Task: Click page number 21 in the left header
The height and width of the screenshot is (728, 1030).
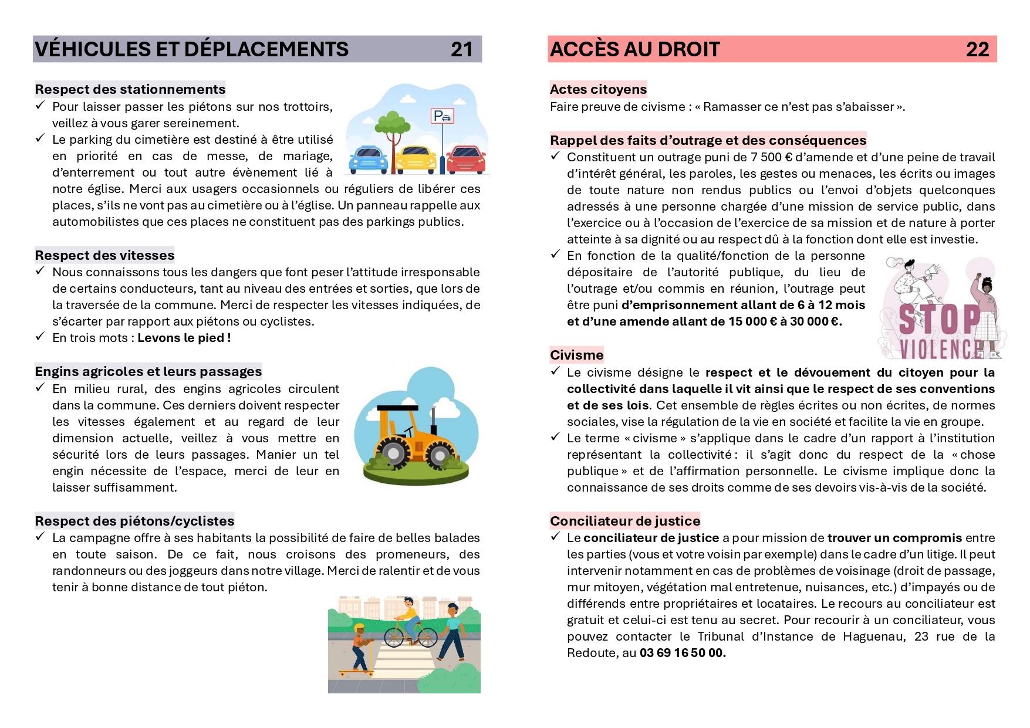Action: (461, 49)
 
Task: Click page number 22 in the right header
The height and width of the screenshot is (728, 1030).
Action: (977, 49)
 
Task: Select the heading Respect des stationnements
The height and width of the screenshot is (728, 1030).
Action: (130, 89)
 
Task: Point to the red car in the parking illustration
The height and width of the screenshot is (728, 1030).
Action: (466, 159)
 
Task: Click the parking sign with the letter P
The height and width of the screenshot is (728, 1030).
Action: (442, 116)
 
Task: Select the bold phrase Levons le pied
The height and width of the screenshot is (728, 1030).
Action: (184, 338)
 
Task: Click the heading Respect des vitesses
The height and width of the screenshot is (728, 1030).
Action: (104, 255)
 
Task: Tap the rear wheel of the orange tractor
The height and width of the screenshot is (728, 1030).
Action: (393, 453)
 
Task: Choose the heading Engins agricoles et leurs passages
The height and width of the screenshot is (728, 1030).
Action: (148, 371)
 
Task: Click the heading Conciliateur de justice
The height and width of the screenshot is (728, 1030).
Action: (625, 521)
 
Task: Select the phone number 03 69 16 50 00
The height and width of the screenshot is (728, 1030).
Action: (683, 653)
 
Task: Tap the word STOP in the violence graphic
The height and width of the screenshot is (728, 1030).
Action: (939, 320)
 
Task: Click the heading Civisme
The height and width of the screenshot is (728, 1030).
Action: (576, 355)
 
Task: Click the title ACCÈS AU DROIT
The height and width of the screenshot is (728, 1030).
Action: (634, 49)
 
